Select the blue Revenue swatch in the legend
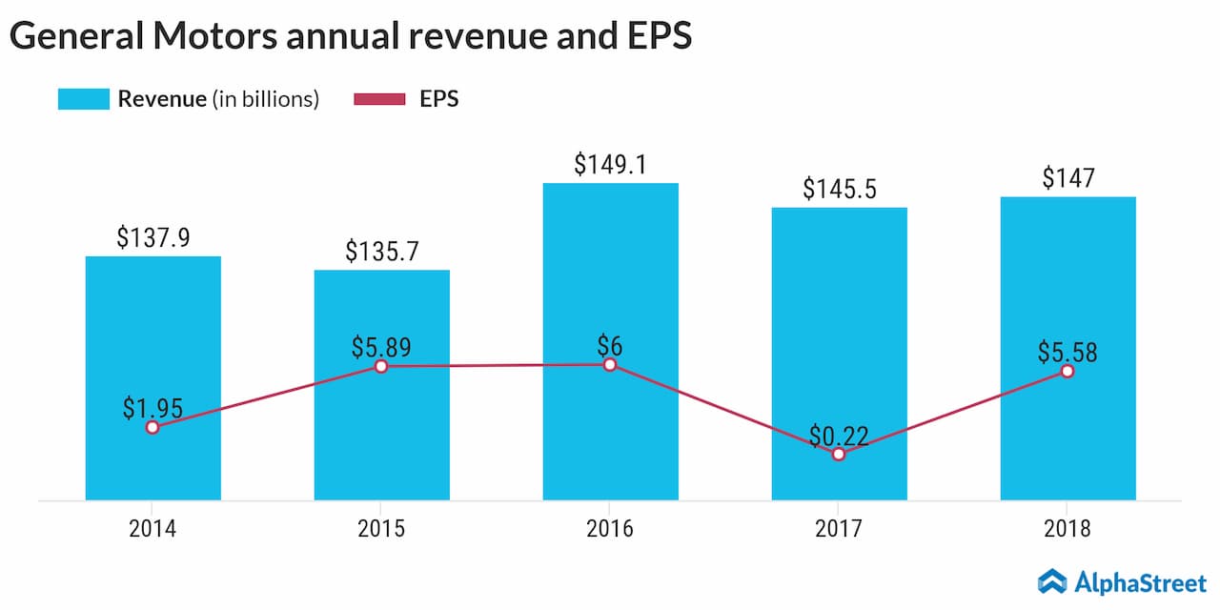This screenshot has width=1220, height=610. (x=83, y=99)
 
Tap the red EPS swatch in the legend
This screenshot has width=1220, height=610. (x=379, y=99)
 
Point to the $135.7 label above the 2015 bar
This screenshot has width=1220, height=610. (x=381, y=252)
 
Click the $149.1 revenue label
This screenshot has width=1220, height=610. (x=610, y=165)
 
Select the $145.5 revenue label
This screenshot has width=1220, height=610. (x=839, y=189)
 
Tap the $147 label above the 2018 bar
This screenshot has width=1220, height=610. (x=1067, y=178)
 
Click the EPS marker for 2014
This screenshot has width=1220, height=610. (x=152, y=427)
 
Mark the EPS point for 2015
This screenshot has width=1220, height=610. (x=381, y=366)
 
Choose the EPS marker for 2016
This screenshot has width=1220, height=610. (x=610, y=364)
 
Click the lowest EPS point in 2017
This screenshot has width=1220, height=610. (x=839, y=455)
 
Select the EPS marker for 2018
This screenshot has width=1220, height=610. (x=1067, y=371)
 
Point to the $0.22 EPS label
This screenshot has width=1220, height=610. (x=839, y=436)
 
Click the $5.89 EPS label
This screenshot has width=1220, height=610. (x=381, y=347)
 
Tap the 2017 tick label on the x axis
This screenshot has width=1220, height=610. (x=839, y=528)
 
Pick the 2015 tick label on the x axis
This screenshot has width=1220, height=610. (x=381, y=528)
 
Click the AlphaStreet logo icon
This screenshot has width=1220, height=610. (x=1051, y=580)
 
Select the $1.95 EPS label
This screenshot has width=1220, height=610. (x=152, y=408)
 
